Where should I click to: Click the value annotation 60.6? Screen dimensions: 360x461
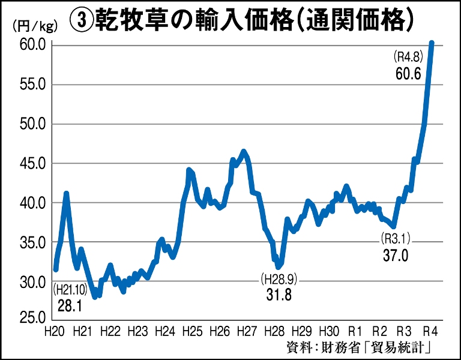pos(408,74)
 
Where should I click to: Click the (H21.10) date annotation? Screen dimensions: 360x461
pos(70,290)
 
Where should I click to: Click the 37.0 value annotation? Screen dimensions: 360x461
pos(396,256)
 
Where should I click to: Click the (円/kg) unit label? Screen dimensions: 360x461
pos(32,25)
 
